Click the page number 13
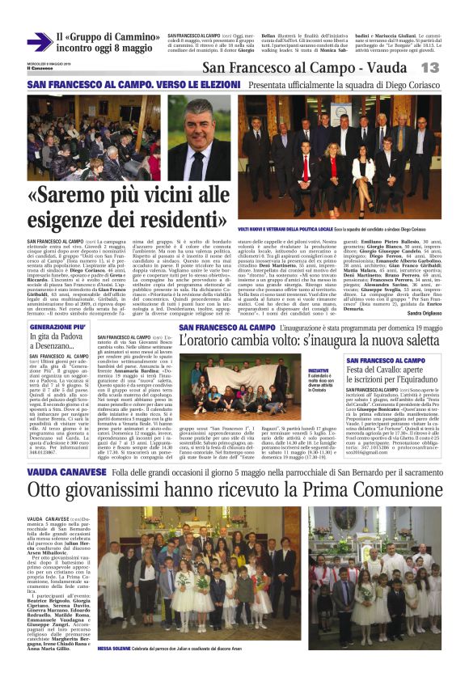(x=451, y=68)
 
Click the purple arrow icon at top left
(x=38, y=42)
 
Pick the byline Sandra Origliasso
(x=423, y=312)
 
